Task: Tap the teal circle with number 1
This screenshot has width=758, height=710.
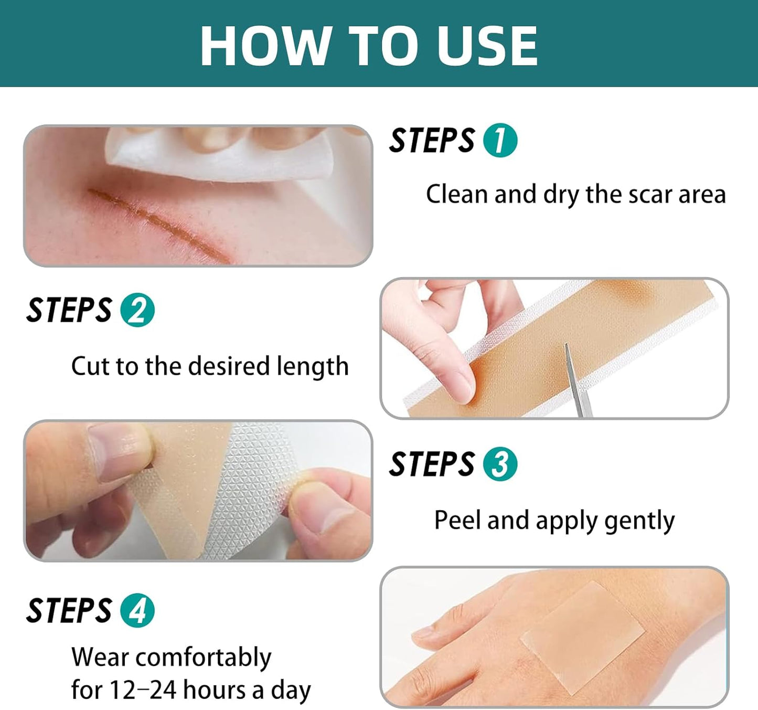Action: tap(500, 141)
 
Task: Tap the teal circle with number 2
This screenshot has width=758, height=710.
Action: tap(137, 310)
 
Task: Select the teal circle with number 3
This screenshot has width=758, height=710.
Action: tap(500, 464)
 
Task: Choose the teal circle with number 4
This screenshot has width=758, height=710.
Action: tap(137, 611)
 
